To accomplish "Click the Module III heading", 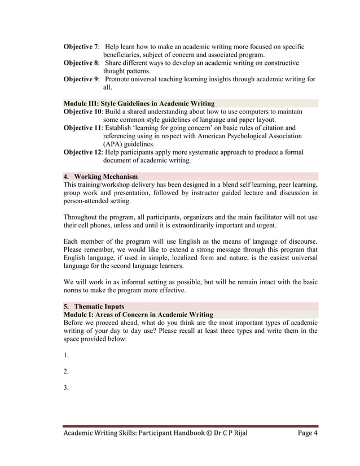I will (139, 104).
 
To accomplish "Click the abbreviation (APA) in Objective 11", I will (115, 144).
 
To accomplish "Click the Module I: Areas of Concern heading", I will (138, 314).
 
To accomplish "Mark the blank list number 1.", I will (66, 355).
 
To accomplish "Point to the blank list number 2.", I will (66, 371).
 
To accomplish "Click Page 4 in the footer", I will (308, 433).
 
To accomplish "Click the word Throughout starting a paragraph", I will (85, 217).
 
